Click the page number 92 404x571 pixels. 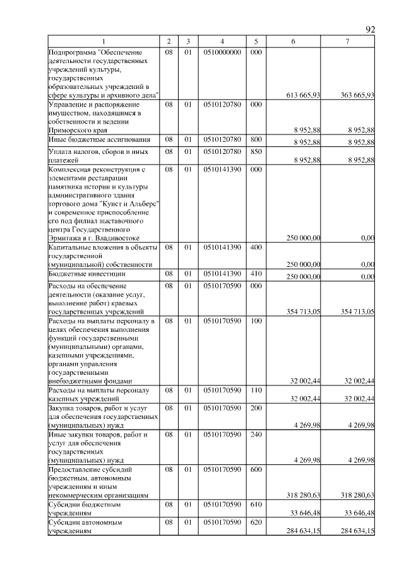tap(371, 30)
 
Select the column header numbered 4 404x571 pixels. tap(223, 42)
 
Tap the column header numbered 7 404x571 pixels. tap(347, 42)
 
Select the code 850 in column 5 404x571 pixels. tap(256, 151)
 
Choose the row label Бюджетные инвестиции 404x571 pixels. tap(86, 274)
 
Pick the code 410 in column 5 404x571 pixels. tap(256, 274)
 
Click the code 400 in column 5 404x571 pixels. tap(256, 247)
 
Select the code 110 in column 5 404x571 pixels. tap(256, 390)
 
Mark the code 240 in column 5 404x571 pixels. tap(256, 435)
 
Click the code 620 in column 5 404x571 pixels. tap(256, 523)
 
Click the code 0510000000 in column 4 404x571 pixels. tap(223, 51)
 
